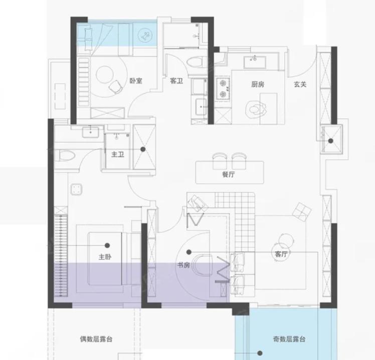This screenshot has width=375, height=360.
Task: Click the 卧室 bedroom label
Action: click(136, 81)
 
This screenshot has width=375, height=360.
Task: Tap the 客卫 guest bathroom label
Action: click(176, 81)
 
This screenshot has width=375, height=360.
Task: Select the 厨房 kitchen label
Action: click(258, 84)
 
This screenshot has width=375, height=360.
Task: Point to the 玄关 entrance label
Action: click(300, 84)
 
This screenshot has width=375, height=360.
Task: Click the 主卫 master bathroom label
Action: click(118, 154)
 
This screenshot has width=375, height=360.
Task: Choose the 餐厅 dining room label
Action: click(229, 174)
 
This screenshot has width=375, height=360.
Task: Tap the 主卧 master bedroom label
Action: click(105, 257)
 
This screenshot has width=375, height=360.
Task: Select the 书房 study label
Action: click(183, 265)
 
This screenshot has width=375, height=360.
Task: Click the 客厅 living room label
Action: click(281, 254)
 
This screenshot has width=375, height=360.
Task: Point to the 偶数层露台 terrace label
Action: click(96, 339)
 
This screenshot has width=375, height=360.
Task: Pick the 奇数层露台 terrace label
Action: click(289, 339)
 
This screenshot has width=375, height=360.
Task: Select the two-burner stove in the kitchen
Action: click(223, 89)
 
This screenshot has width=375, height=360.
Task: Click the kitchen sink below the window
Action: click(255, 63)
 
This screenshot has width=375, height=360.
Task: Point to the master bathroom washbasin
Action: click(91, 132)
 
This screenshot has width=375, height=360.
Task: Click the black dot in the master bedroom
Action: click(107, 245)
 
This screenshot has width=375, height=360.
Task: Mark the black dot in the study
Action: click(189, 252)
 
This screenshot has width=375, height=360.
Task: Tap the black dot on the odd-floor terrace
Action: click(260, 353)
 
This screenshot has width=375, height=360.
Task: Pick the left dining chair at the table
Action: click(220, 161)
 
